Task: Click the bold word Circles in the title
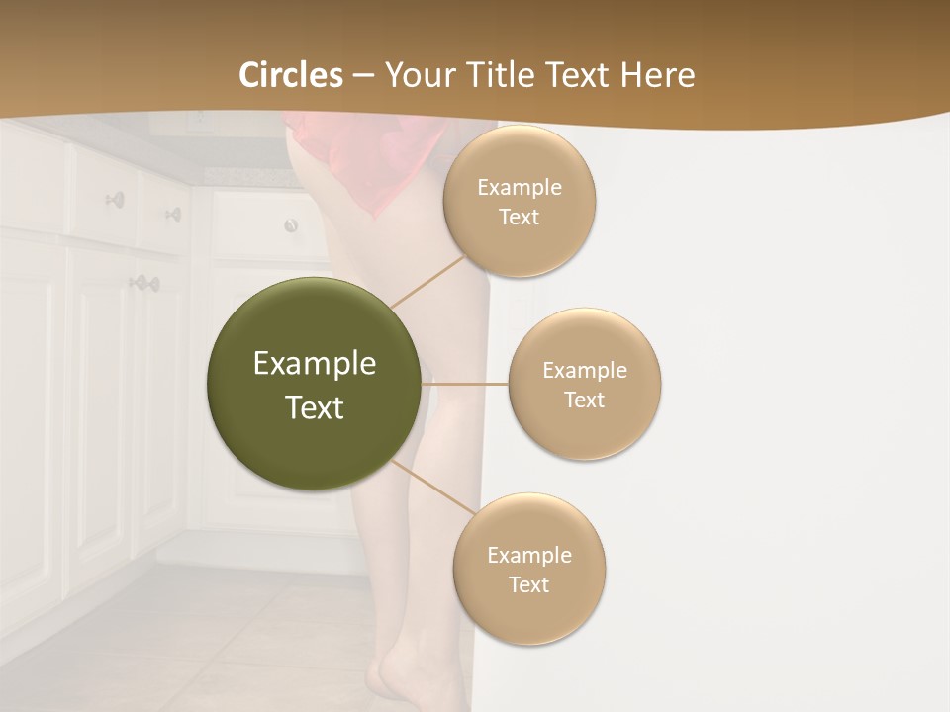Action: [x=291, y=75]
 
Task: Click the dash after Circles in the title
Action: [x=363, y=76]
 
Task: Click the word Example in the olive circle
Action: [x=315, y=364]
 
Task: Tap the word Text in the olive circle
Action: [x=315, y=407]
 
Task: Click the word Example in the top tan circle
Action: [x=520, y=188]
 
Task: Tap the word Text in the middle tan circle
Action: [x=585, y=400]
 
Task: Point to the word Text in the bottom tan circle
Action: [x=529, y=584]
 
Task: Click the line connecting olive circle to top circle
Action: [x=427, y=281]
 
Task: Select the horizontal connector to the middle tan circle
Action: [x=465, y=384]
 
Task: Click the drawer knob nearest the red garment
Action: [x=291, y=225]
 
